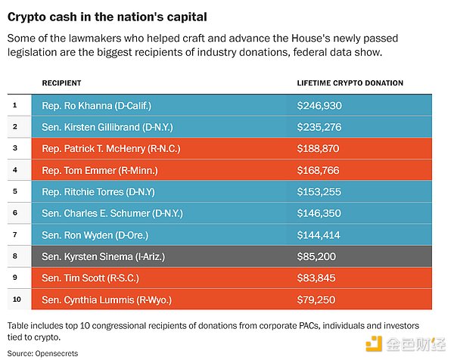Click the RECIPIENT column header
pyautogui.click(x=61, y=82)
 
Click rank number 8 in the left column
pyautogui.click(x=17, y=257)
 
